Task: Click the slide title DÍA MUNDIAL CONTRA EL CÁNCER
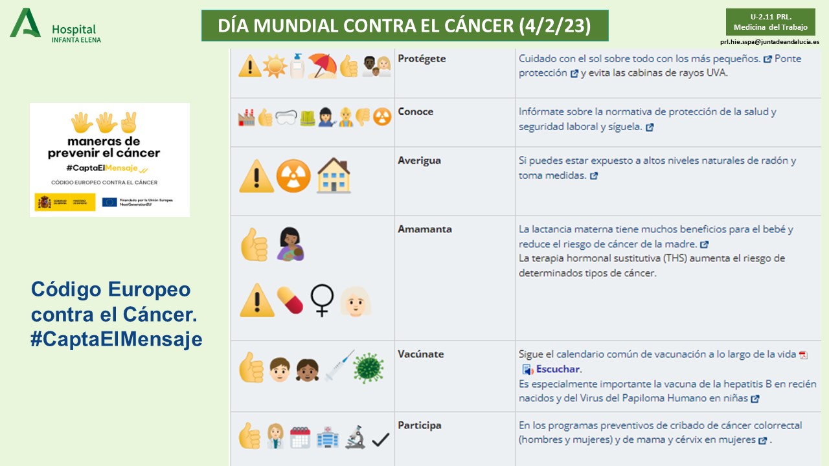click(x=405, y=26)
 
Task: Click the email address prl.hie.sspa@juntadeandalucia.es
click(x=769, y=41)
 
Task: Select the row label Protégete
click(x=422, y=58)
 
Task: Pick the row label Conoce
click(x=415, y=111)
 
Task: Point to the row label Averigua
click(x=419, y=161)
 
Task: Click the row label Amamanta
click(x=424, y=229)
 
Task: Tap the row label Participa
click(x=419, y=425)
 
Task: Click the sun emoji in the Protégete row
click(x=274, y=66)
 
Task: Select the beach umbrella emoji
click(x=322, y=66)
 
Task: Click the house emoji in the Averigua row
click(x=334, y=176)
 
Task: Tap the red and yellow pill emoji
click(x=290, y=300)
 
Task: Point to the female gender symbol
click(x=322, y=301)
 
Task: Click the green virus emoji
click(x=368, y=368)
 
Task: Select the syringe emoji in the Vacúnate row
click(x=339, y=366)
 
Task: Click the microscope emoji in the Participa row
click(x=355, y=438)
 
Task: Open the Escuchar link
click(x=558, y=370)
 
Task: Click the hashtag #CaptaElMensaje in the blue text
click(x=117, y=340)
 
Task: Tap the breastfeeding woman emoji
click(x=291, y=244)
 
